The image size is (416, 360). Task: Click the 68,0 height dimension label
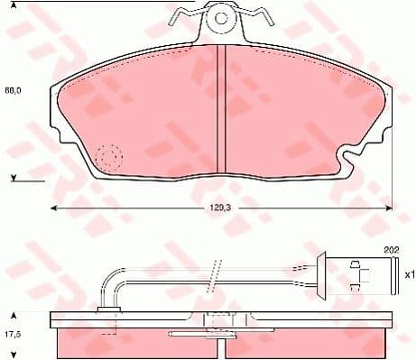[13, 90]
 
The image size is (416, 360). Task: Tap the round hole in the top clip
[221, 15]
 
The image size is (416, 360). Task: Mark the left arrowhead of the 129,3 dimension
[52, 208]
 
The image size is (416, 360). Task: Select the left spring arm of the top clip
[188, 17]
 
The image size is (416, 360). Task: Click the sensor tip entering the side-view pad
[110, 309]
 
